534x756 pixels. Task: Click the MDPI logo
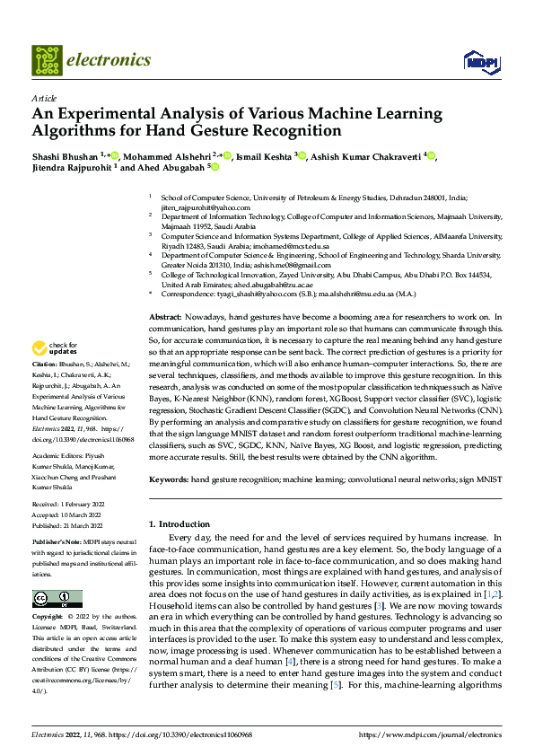(477, 60)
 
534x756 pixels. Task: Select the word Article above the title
(43, 98)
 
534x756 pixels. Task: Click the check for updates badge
(55, 348)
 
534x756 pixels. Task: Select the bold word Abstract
(165, 318)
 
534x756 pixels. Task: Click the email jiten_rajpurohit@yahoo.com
(206, 207)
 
